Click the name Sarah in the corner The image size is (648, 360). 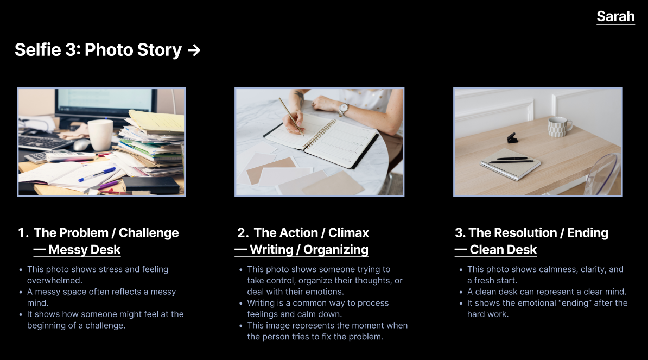pyautogui.click(x=615, y=16)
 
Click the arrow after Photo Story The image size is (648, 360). pyautogui.click(x=194, y=50)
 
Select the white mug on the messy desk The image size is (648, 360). pyautogui.click(x=100, y=135)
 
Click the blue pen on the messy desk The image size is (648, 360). pyautogui.click(x=97, y=174)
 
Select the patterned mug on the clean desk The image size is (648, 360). pyautogui.click(x=558, y=127)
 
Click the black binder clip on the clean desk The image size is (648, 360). pyautogui.click(x=512, y=138)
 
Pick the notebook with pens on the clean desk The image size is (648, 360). pyautogui.click(x=510, y=162)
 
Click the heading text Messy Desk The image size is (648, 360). pyautogui.click(x=84, y=250)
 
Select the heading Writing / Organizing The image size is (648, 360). pyautogui.click(x=308, y=250)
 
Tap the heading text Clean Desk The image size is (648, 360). pyautogui.click(x=503, y=250)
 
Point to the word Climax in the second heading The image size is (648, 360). pyautogui.click(x=348, y=233)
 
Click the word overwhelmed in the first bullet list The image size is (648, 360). pyautogui.click(x=54, y=281)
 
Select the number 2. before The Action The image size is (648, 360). pyautogui.click(x=243, y=233)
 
